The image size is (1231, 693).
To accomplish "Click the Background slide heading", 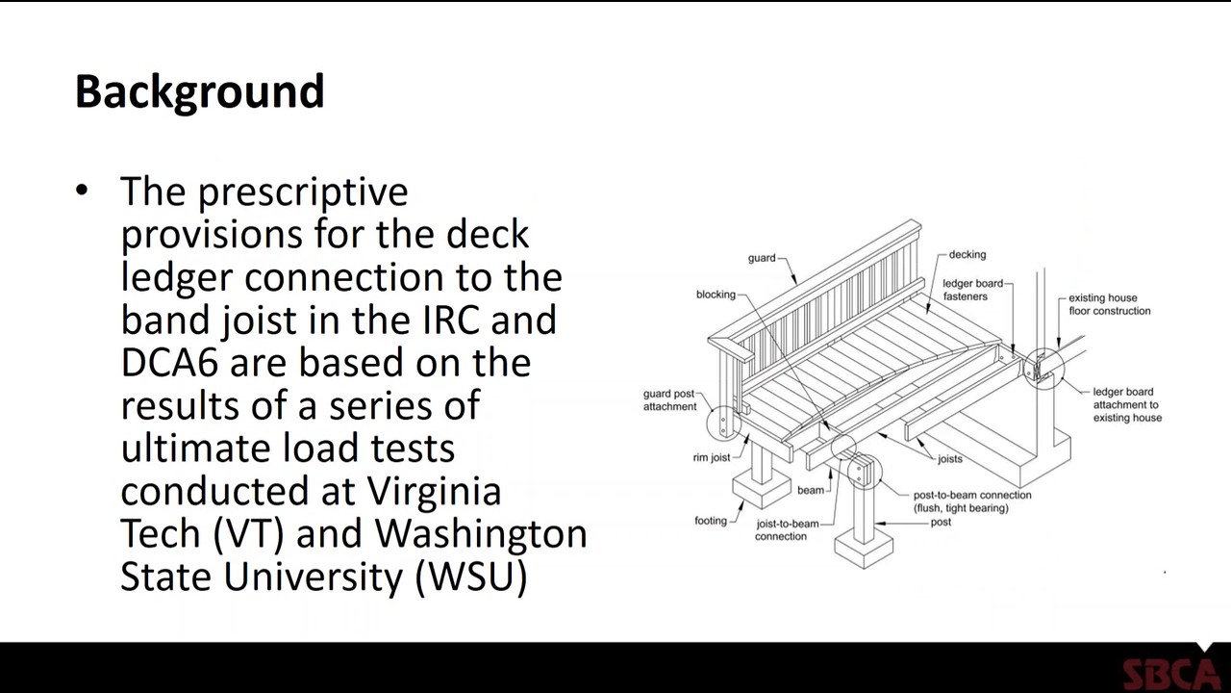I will coord(199,91).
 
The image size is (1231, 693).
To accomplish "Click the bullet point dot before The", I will coord(82,191).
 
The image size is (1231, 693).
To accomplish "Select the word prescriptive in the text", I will coord(303,192).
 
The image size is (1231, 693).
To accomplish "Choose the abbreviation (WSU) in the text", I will coord(471,576).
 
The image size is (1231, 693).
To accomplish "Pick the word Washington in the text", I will coord(481,533).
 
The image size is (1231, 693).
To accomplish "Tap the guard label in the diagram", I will coord(762,258).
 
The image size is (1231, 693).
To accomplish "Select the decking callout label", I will coord(967,254).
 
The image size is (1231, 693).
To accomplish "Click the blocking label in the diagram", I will coord(716,295).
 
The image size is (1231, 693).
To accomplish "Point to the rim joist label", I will coord(712,457).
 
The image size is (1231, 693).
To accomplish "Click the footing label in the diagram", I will coord(711,521).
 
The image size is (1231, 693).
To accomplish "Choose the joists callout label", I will coord(949,459).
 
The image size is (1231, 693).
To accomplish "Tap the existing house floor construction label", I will coord(1109,304).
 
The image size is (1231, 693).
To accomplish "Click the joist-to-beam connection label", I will coord(787,529).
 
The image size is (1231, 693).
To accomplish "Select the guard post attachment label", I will coord(669,400).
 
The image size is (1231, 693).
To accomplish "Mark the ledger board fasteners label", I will coord(972,290).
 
